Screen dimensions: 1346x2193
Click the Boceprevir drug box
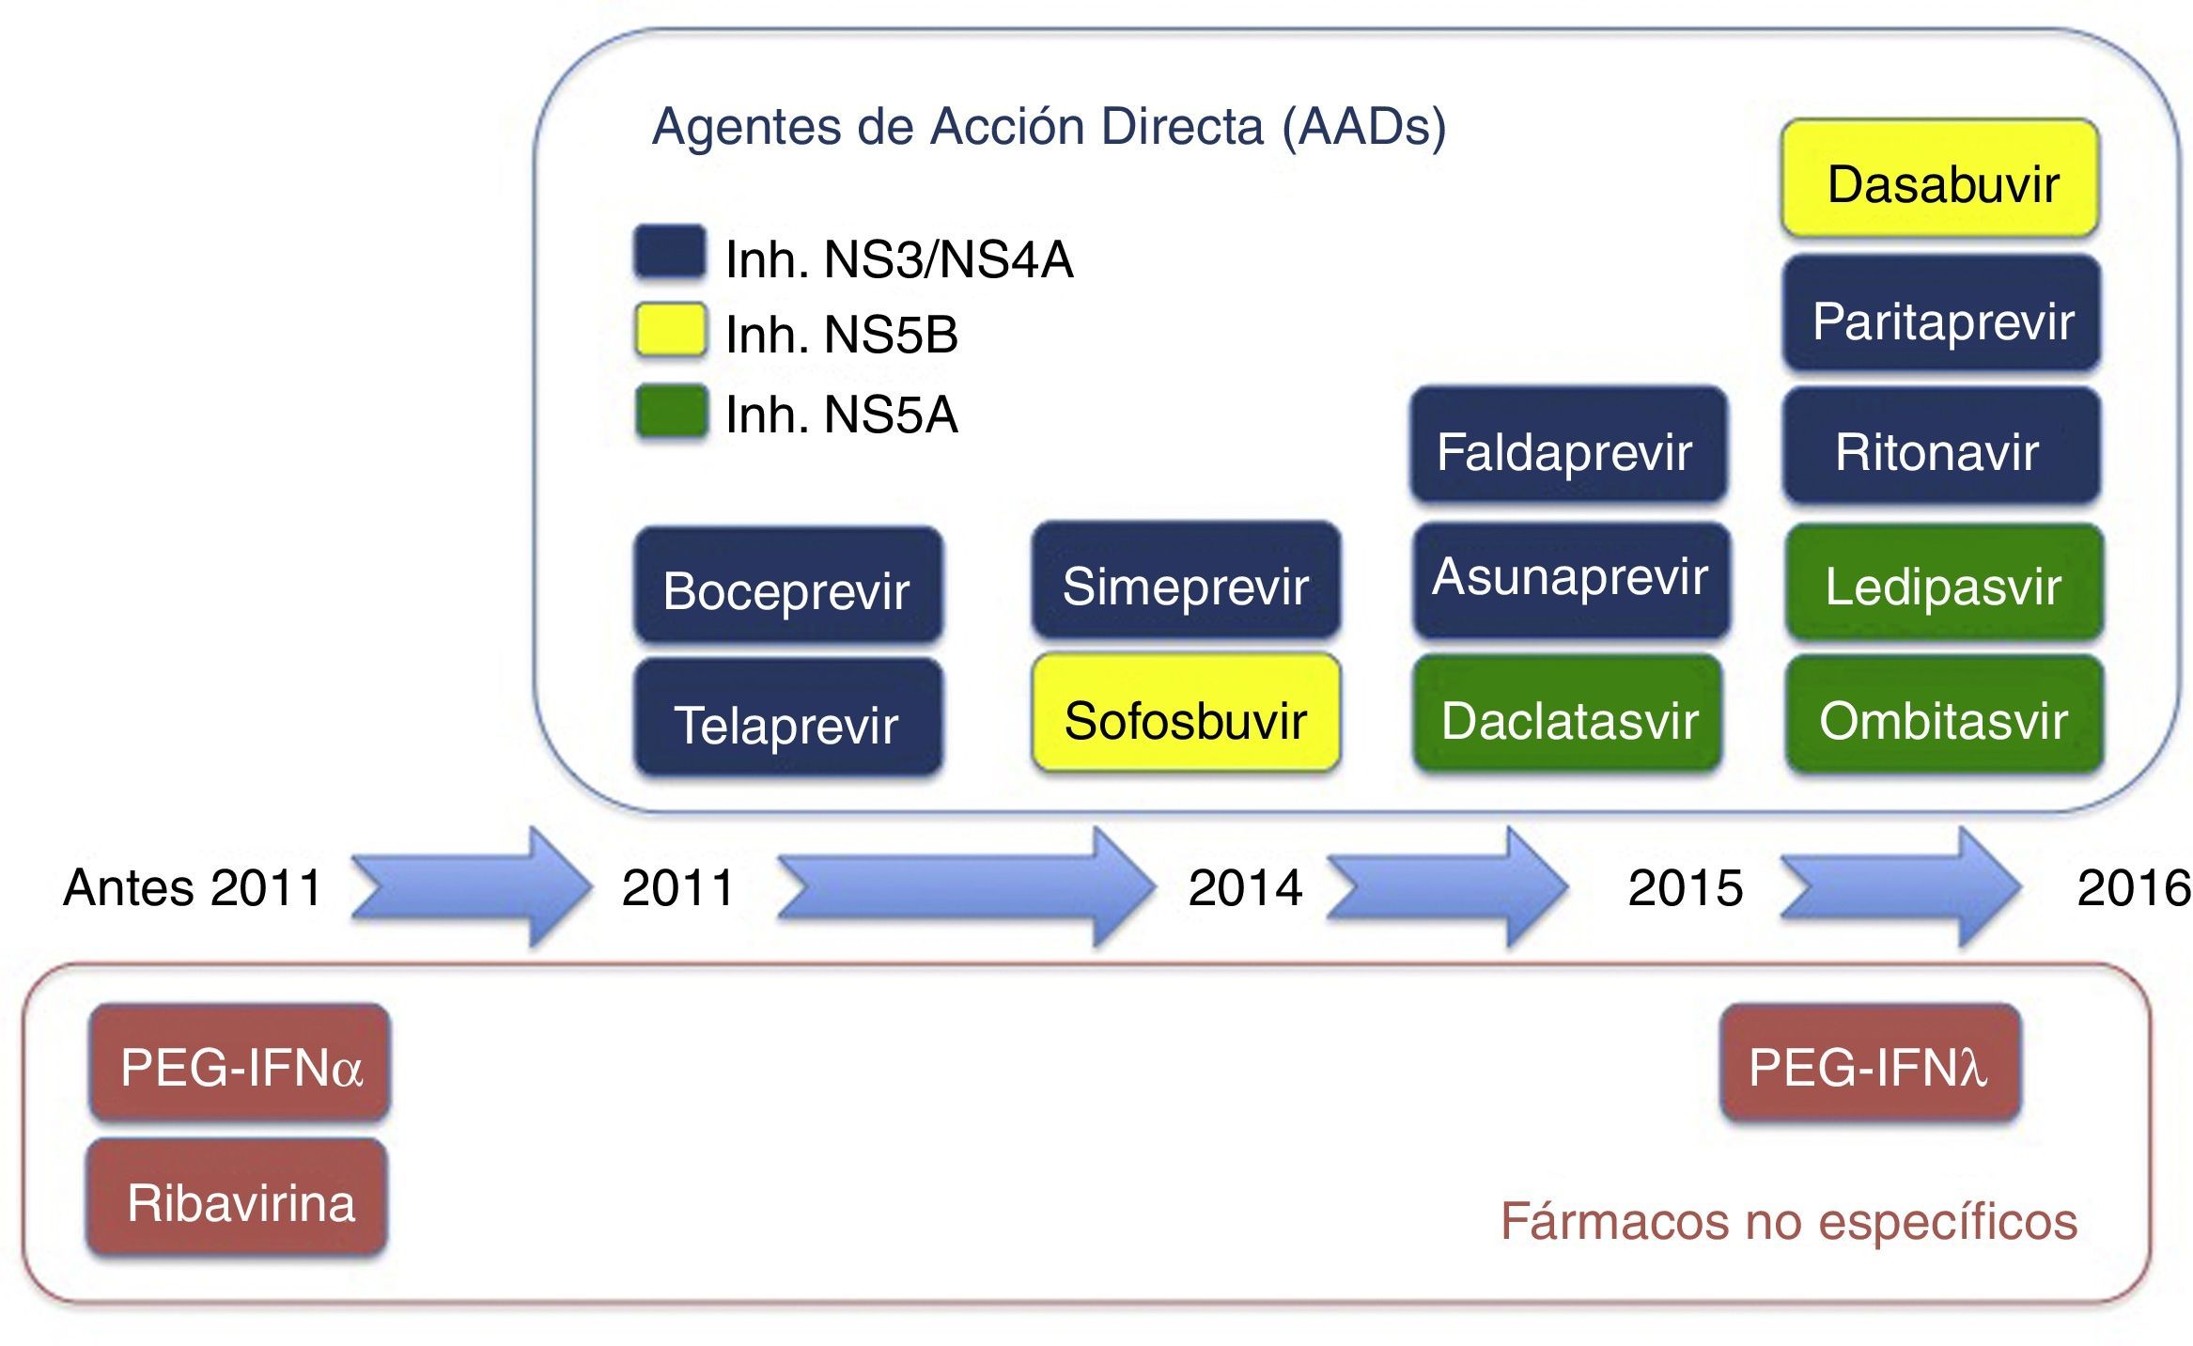(787, 586)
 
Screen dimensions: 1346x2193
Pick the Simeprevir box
(1186, 581)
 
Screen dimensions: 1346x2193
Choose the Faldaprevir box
(1568, 446)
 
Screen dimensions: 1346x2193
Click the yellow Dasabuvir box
(1940, 179)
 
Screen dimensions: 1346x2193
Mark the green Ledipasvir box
(1944, 583)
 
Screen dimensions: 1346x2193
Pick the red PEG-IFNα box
(240, 1063)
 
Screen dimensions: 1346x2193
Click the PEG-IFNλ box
(1870, 1063)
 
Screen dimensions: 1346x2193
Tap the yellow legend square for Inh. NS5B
(670, 330)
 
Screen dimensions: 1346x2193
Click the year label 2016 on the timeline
(2133, 887)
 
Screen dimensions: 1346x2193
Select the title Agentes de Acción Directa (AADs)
(1049, 127)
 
